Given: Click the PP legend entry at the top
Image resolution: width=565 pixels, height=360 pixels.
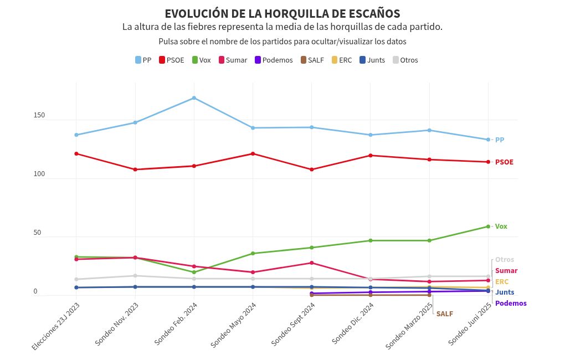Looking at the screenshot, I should [x=143, y=60].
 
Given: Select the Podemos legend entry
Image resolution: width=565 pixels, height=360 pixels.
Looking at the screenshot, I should [x=273, y=60].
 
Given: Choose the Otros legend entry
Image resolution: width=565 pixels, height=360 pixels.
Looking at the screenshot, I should [x=405, y=60].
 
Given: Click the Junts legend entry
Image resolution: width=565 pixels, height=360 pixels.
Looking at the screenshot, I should [x=372, y=60].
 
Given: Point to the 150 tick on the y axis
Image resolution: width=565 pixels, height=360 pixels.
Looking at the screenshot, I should [x=39, y=115].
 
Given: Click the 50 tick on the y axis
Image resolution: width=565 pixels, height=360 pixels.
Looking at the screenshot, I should [x=37, y=233].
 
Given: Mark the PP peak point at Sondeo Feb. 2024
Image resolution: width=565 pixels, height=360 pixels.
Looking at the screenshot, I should [x=194, y=98].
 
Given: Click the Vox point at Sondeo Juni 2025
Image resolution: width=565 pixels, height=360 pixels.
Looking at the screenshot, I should [x=488, y=227].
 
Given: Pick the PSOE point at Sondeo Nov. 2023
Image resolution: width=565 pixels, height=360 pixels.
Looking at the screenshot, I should [x=135, y=169].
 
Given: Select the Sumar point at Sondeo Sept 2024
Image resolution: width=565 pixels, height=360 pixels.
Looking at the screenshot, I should [x=312, y=263].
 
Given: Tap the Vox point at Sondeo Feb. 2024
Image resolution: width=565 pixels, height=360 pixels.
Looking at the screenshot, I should [x=194, y=272].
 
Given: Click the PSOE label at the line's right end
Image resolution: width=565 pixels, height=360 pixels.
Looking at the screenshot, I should [x=504, y=162].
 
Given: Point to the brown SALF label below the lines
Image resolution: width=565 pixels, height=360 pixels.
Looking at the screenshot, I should [x=444, y=313].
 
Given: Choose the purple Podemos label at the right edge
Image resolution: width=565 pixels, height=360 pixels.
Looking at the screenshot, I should [x=511, y=304].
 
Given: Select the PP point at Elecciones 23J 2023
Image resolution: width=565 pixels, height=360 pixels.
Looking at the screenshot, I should [x=76, y=135].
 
